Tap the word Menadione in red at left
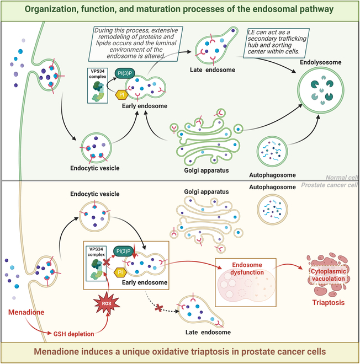tap(26, 313)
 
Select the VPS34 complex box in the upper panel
tap(98, 85)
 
